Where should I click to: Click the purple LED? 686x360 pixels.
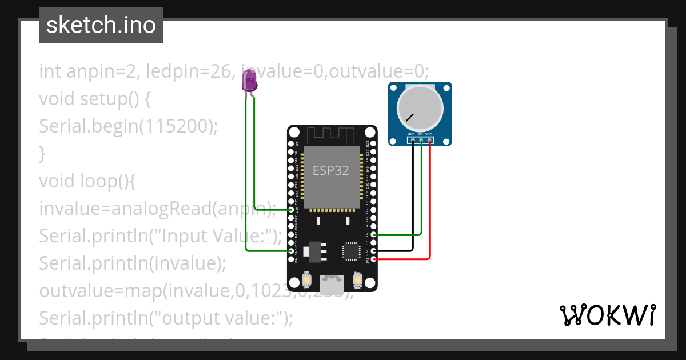[249, 82]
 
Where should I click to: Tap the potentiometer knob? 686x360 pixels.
[420, 109]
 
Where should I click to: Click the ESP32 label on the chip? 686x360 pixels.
[330, 170]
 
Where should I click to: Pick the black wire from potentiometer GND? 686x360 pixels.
[413, 200]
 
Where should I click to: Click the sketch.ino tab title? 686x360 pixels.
[101, 25]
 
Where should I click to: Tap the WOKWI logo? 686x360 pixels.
[607, 315]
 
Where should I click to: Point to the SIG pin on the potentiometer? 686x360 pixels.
[421, 139]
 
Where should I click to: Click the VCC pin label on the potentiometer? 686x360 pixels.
[429, 134]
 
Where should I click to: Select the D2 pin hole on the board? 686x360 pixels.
[373, 234]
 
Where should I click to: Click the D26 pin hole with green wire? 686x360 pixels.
[292, 210]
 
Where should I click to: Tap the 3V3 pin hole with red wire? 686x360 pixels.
[373, 259]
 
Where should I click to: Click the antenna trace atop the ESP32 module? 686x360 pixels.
[332, 136]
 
